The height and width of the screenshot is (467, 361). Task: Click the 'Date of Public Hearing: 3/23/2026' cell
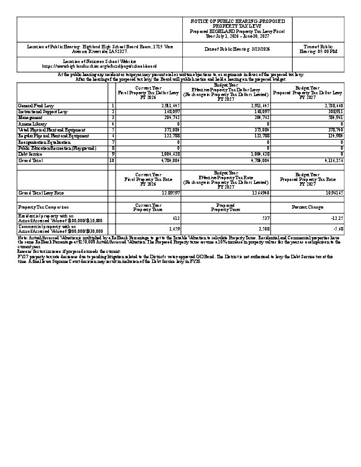click(x=237, y=49)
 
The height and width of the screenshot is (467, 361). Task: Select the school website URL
click(x=100, y=67)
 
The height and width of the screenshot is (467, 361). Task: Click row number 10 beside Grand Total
click(x=112, y=160)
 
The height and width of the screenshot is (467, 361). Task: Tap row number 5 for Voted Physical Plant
click(x=112, y=130)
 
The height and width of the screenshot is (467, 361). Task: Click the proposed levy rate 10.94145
click(x=330, y=193)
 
